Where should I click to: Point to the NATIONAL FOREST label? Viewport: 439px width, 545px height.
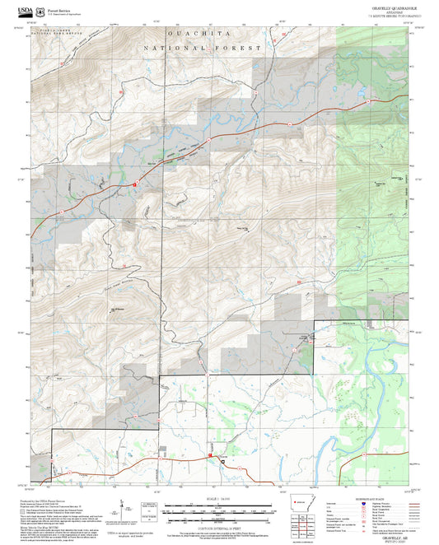(203, 49)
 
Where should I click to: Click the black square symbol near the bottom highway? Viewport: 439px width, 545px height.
(222, 464)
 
